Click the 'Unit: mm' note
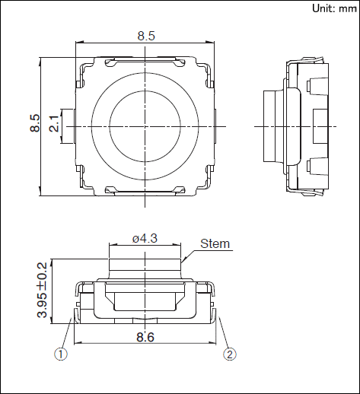(x=334, y=8)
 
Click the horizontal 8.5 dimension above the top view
(x=146, y=36)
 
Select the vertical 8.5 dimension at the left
(x=35, y=123)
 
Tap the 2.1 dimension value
(x=54, y=123)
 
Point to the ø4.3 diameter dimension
(x=145, y=239)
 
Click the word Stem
(x=215, y=243)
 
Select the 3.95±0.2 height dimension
(x=43, y=290)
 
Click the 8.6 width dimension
(x=145, y=337)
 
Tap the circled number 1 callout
(x=61, y=354)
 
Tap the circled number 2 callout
(x=230, y=354)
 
